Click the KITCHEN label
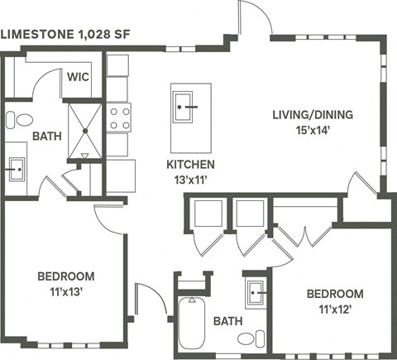(191, 165)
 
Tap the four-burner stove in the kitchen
(119, 117)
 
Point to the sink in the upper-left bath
(14, 171)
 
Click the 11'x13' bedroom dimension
(65, 291)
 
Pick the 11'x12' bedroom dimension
(335, 309)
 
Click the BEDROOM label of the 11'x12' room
(335, 294)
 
